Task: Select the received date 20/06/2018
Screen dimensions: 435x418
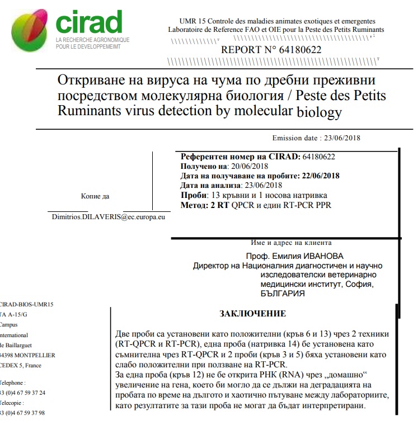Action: tap(250, 167)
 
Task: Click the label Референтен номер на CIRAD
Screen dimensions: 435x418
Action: tap(240, 157)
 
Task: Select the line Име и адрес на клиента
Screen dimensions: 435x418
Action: tap(292, 243)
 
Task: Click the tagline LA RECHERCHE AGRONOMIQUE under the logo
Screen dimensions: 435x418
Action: tap(92, 40)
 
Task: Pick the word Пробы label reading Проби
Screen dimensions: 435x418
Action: tap(192, 195)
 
